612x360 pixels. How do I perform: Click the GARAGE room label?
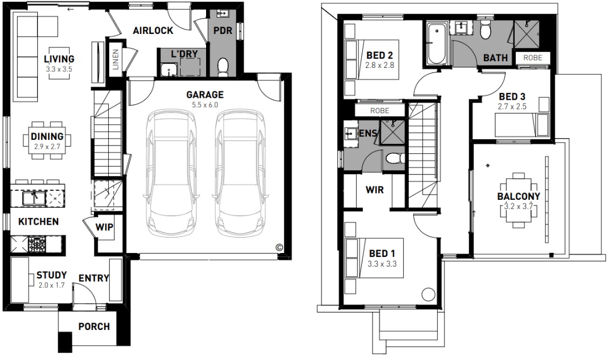[x=205, y=95]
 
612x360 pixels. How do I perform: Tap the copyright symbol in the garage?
[x=279, y=247]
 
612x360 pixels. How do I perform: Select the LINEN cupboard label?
[x=115, y=59]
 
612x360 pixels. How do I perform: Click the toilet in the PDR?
[x=223, y=67]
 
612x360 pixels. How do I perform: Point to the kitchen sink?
[x=33, y=198]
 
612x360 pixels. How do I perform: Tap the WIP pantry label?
[x=104, y=227]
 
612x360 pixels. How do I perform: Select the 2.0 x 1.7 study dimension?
[x=52, y=285]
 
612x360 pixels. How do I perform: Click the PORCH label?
[x=94, y=327]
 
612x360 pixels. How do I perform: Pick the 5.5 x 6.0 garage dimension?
[x=205, y=105]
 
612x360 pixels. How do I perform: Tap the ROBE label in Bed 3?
[x=533, y=58]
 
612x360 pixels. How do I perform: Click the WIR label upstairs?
[x=375, y=190]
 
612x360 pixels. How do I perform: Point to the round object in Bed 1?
[x=428, y=294]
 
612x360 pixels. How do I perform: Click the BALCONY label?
[x=519, y=196]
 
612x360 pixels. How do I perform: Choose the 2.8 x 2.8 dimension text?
[x=379, y=66]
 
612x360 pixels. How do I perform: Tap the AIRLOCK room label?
[x=153, y=31]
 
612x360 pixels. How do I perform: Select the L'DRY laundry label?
[x=185, y=54]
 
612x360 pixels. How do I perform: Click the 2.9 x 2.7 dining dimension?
[x=47, y=147]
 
